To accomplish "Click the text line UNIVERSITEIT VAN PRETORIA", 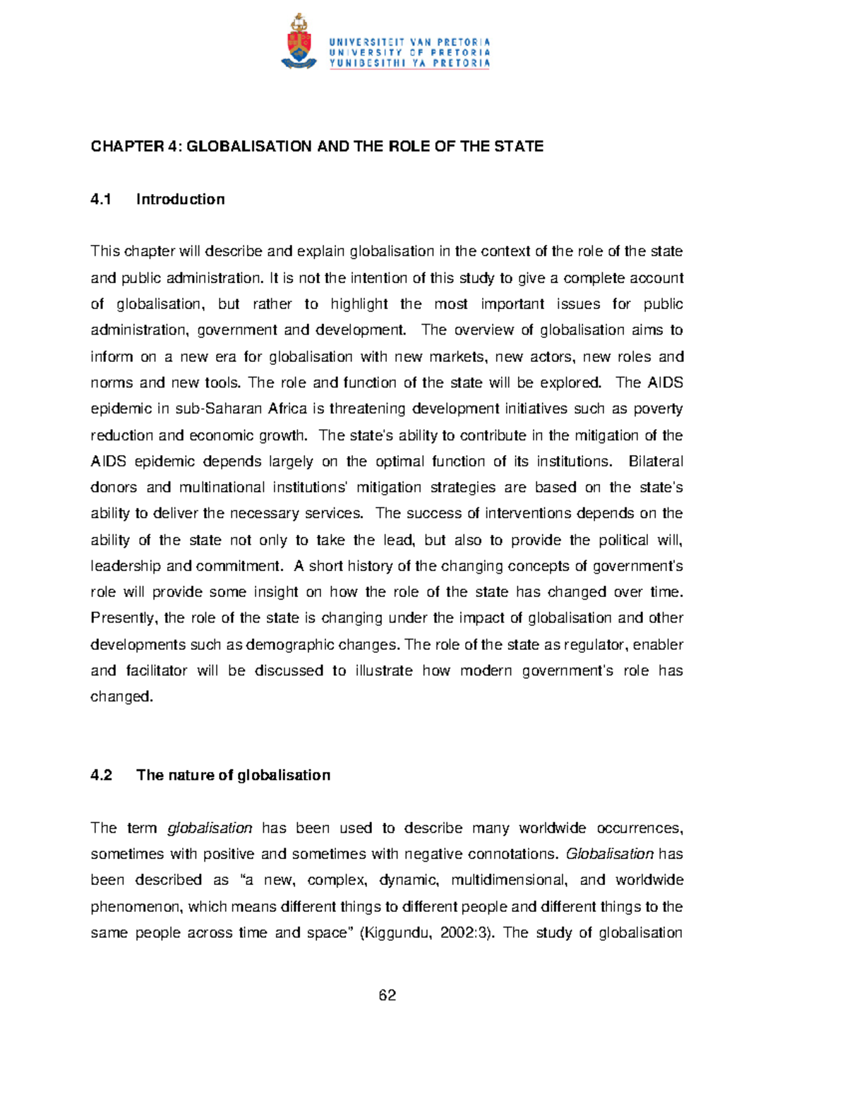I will [x=409, y=42].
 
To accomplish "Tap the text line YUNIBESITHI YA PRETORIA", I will [x=409, y=63].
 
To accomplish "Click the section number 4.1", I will [x=102, y=200].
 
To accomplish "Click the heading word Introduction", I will [x=180, y=200].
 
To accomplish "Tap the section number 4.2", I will [x=102, y=776].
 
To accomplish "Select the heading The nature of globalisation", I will [x=233, y=776].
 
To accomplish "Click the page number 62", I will [x=387, y=996].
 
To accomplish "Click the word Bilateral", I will [x=655, y=462].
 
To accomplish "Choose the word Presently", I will [x=122, y=619].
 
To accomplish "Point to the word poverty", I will [x=658, y=409].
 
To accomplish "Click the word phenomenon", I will [x=136, y=907].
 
